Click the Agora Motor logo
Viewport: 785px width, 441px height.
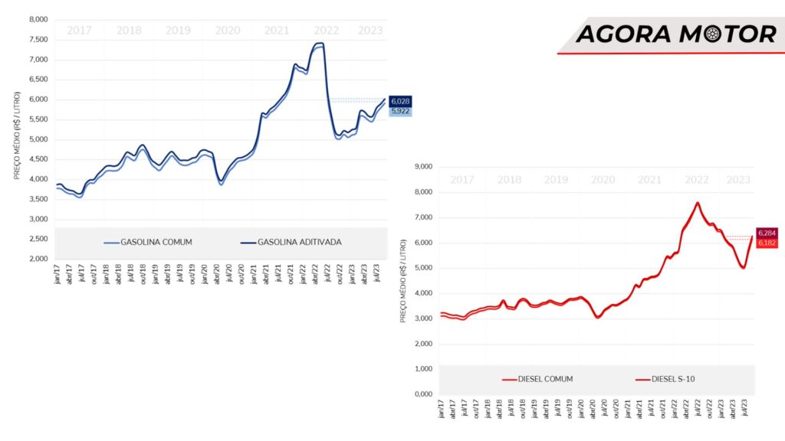[x=675, y=34]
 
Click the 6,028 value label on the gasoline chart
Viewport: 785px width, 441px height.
[x=400, y=101]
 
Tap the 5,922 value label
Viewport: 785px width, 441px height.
[x=400, y=111]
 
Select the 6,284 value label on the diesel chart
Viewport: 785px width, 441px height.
[x=767, y=233]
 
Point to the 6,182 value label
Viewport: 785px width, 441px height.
[x=767, y=243]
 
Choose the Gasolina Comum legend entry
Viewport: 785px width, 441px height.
[x=147, y=242]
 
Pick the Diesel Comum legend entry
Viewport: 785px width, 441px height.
[x=537, y=379]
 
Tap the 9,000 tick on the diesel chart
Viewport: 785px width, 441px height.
[x=423, y=167]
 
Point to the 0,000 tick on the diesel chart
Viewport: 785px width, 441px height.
[x=423, y=394]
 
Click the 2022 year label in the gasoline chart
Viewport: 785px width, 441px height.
[x=327, y=31]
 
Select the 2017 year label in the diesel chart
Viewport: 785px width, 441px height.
[x=461, y=179]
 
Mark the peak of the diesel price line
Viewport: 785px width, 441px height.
[x=698, y=203]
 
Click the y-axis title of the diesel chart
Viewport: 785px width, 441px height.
[x=403, y=280]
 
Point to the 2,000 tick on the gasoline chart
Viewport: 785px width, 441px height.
[x=38, y=259]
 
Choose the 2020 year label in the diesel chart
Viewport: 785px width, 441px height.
[x=603, y=179]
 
